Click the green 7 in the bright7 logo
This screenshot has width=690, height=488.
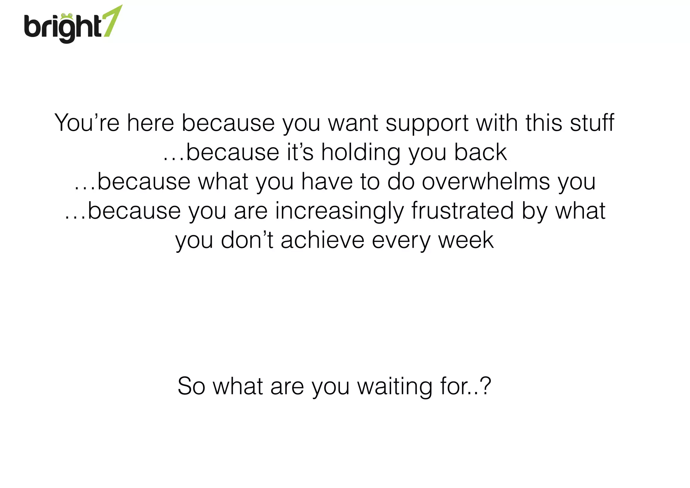click(113, 21)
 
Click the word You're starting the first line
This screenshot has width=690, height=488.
click(87, 123)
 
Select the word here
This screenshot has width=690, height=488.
click(150, 123)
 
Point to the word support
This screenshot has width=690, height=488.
click(427, 123)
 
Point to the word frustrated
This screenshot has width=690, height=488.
click(463, 211)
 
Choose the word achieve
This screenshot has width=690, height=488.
click(322, 240)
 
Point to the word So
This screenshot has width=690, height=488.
click(191, 386)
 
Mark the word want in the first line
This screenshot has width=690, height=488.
click(353, 123)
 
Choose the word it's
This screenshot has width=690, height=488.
click(300, 152)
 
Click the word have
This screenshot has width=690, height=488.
click(326, 182)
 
